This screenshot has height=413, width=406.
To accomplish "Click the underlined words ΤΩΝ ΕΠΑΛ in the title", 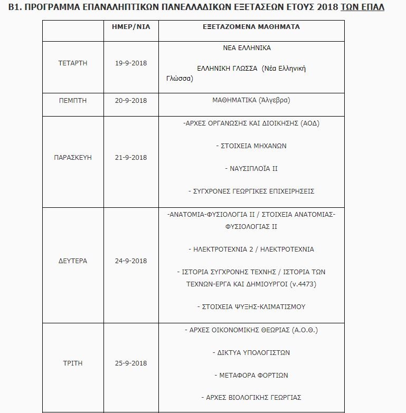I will [362, 7].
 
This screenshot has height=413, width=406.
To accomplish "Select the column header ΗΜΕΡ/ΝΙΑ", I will [131, 27].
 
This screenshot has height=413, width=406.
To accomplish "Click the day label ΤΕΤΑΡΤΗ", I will [73, 63].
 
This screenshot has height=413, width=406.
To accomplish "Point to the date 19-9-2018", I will [131, 63].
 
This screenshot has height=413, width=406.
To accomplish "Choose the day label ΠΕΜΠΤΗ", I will [73, 100].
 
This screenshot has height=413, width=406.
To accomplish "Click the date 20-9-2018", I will [131, 100].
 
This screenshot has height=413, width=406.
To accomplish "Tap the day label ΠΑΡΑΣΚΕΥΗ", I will [73, 158].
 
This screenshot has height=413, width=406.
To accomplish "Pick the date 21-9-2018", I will [131, 158].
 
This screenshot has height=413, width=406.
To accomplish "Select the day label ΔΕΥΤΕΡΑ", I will [73, 261].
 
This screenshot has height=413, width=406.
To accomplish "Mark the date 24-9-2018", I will [131, 261].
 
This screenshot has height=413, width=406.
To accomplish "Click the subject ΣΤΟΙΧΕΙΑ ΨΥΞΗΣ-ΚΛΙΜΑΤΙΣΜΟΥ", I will [251, 306].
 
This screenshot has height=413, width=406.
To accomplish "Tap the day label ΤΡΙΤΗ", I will [73, 363].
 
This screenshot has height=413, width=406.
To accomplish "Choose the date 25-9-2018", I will [131, 363].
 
